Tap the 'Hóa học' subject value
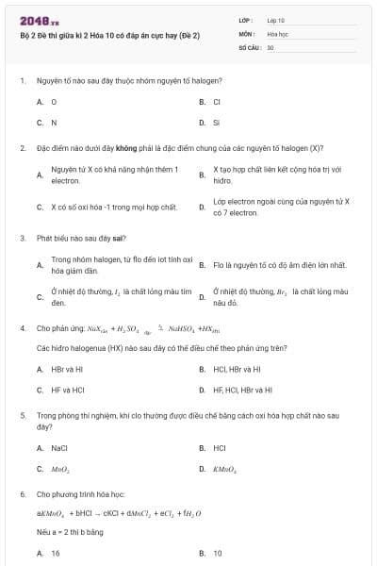tap(277, 33)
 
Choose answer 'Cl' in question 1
tap(217, 101)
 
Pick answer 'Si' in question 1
tap(216, 123)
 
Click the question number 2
tap(22, 148)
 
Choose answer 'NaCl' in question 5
tap(59, 448)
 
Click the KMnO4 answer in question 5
tap(224, 469)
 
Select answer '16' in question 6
tap(56, 553)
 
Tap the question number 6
tap(22, 493)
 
